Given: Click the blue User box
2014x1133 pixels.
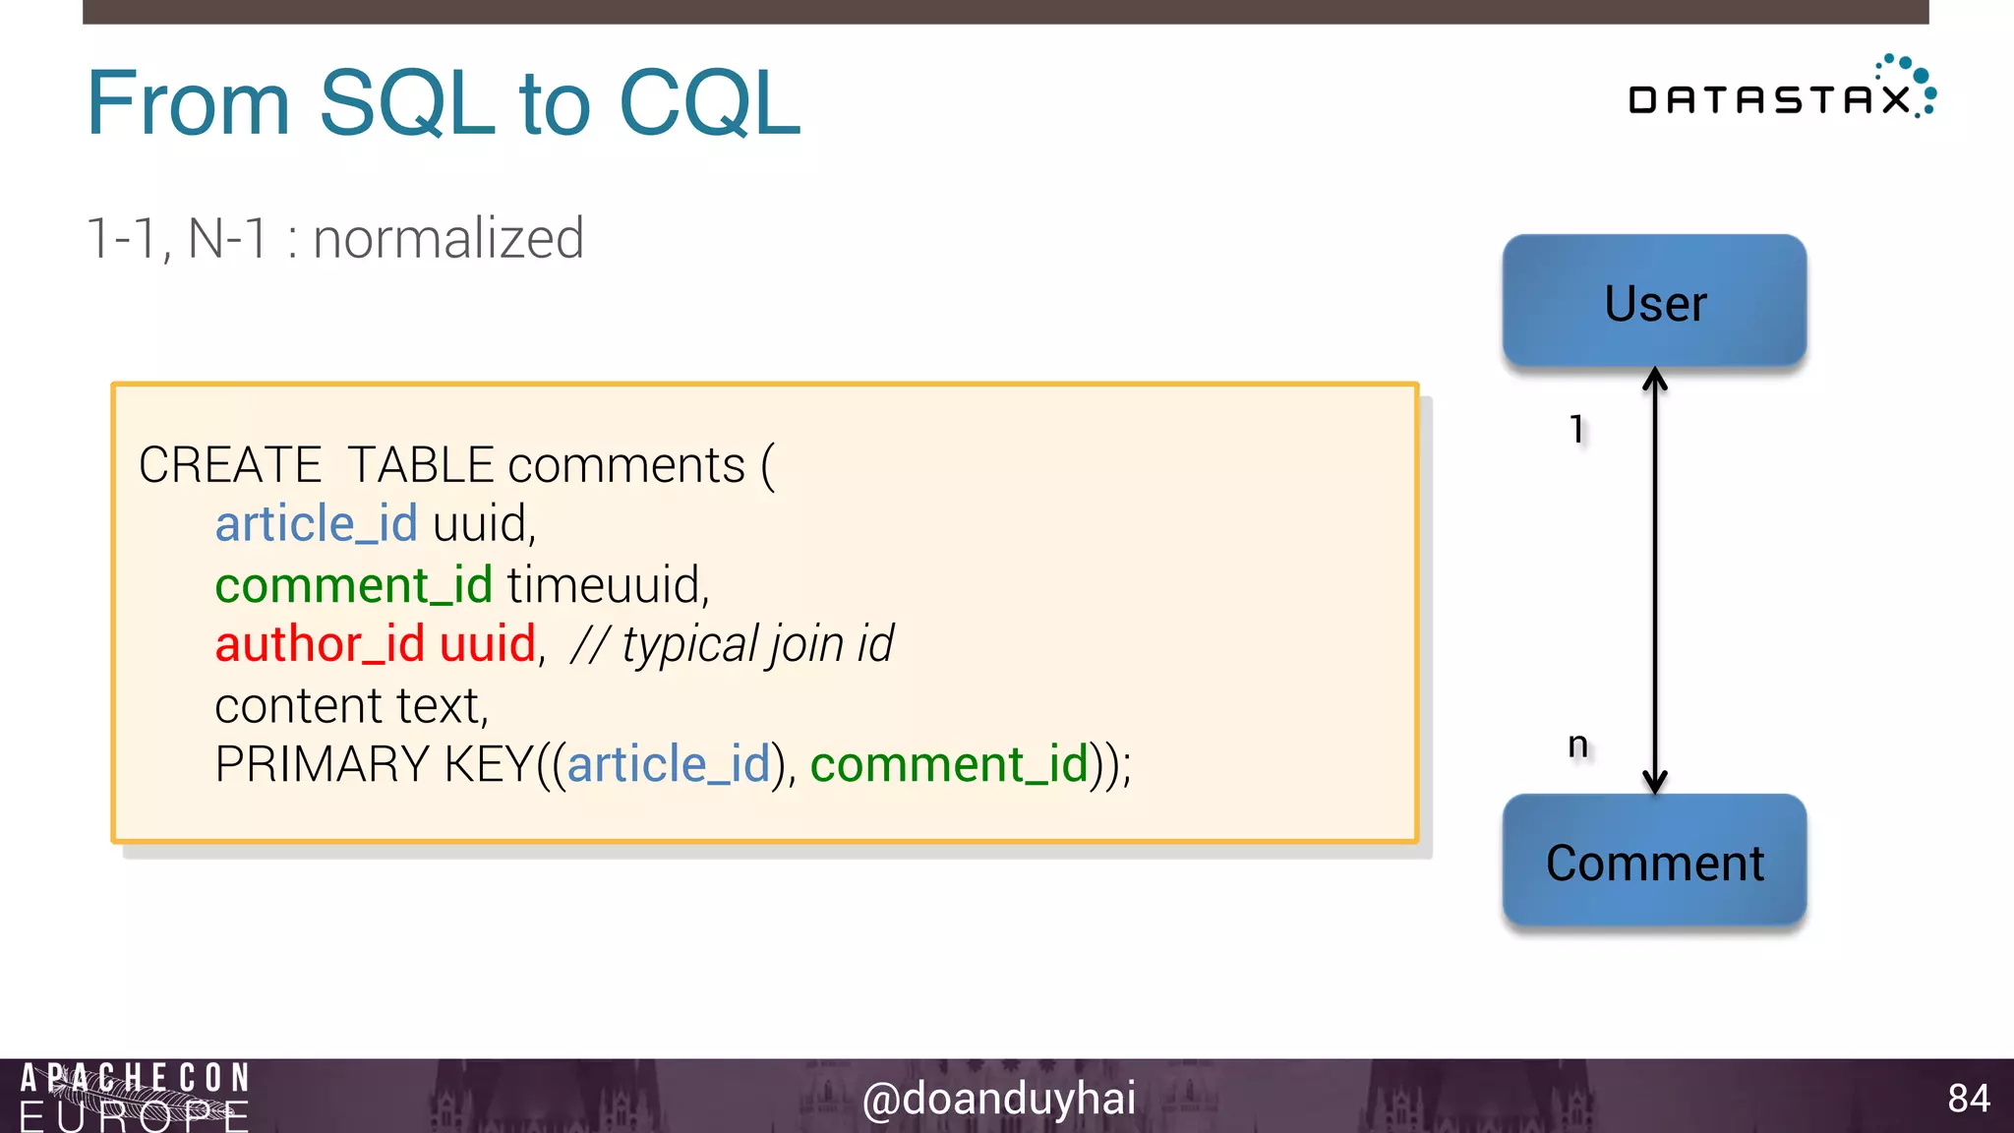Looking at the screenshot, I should [x=1654, y=301].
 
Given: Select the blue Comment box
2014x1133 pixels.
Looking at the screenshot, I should [x=1654, y=862].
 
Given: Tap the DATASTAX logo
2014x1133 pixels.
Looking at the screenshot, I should [x=1780, y=91].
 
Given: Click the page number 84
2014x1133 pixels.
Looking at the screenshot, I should [x=1968, y=1098].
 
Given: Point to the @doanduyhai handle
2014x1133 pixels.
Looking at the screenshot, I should [x=998, y=1098].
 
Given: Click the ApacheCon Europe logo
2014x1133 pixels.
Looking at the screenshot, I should [x=134, y=1096].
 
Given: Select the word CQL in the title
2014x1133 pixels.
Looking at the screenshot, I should [x=709, y=102].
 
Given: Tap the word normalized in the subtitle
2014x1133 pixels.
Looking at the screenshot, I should [x=448, y=239].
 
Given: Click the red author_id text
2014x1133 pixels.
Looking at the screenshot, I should [x=320, y=644].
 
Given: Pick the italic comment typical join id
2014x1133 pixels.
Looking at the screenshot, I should [x=733, y=645].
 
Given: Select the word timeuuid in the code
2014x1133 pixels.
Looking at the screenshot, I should [x=607, y=585].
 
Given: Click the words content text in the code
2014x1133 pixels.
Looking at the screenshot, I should [x=351, y=705].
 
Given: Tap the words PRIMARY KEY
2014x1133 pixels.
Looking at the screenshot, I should [x=373, y=764].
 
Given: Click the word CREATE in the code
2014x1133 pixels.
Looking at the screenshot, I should [x=230, y=464].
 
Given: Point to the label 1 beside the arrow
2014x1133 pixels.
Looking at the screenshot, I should [x=1577, y=429].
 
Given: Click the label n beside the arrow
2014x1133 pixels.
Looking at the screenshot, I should [x=1577, y=745].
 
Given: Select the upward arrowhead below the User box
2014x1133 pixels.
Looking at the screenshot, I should [x=1655, y=380].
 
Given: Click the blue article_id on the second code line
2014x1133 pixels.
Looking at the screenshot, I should [x=316, y=523].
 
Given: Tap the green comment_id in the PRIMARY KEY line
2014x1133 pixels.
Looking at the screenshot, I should [x=949, y=764].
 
